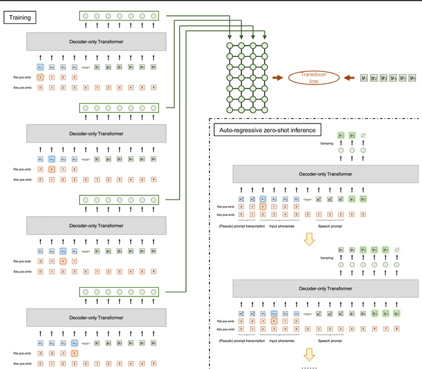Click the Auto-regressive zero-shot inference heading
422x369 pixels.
click(268, 130)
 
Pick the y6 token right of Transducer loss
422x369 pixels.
click(413, 79)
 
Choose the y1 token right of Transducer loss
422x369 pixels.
click(365, 79)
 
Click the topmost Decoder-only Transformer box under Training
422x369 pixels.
click(96, 42)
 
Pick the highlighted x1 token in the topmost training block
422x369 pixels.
click(40, 67)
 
